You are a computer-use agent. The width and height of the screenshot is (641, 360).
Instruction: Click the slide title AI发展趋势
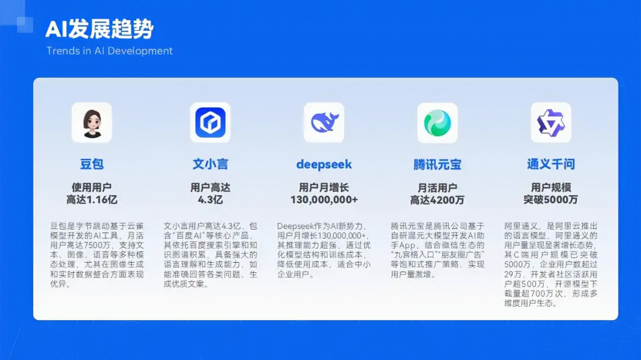click(99, 29)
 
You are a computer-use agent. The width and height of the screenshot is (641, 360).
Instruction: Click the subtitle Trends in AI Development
click(110, 51)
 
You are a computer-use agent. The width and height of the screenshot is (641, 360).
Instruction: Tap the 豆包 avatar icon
click(91, 123)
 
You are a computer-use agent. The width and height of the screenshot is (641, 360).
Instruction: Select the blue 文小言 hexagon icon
click(210, 123)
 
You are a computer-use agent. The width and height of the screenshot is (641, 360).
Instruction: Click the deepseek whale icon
click(324, 123)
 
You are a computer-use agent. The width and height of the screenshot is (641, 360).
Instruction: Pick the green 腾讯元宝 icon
click(437, 123)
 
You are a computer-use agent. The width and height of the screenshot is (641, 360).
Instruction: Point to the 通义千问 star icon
click(551, 123)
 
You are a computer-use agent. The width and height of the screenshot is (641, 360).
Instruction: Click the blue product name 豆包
click(91, 164)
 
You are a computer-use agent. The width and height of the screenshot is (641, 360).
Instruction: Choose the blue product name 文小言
click(210, 164)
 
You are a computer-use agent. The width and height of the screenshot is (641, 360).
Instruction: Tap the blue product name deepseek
click(324, 165)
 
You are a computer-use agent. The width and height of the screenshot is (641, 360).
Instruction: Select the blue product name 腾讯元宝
click(437, 165)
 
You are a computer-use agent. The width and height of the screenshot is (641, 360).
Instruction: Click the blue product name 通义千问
click(551, 164)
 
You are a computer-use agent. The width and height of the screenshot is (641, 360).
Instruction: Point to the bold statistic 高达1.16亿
click(91, 200)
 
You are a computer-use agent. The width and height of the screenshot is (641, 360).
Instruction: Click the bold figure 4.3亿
click(210, 200)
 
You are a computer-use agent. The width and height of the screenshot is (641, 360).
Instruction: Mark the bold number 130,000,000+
click(324, 200)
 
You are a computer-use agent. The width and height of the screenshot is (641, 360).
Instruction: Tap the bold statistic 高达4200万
click(437, 200)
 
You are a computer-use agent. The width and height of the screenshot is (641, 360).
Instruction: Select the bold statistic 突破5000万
click(551, 200)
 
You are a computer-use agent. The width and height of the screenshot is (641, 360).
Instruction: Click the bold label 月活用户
click(437, 188)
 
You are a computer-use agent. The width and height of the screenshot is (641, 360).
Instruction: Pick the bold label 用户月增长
click(324, 187)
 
